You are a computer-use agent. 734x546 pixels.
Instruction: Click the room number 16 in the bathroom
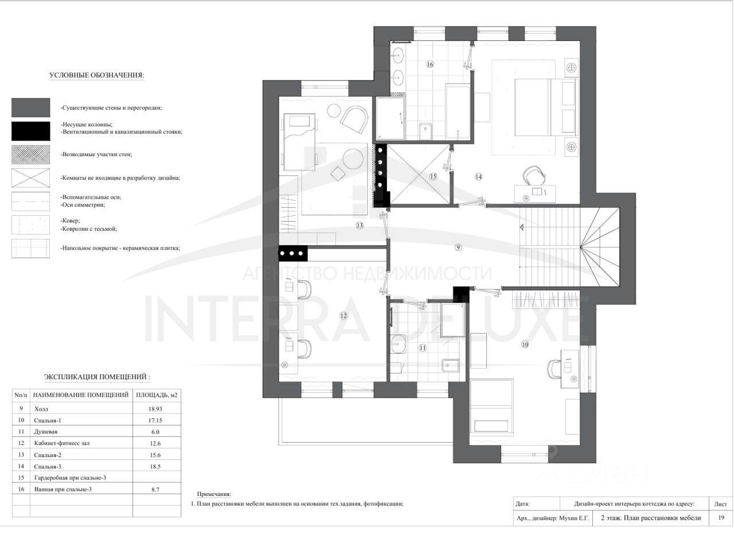(430, 64)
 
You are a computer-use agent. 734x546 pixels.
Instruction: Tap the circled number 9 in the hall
(458, 247)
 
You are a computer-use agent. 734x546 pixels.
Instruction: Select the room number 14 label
(478, 177)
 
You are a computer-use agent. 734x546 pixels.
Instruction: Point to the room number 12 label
(343, 316)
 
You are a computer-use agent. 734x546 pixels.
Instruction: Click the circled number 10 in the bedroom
(525, 344)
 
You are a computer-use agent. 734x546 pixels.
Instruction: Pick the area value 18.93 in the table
(155, 409)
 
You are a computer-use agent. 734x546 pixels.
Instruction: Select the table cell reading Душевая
(46, 432)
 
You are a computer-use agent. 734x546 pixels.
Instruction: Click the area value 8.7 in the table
(155, 489)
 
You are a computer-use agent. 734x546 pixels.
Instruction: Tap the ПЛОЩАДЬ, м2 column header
(157, 395)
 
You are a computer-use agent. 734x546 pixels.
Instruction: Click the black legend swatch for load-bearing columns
(31, 131)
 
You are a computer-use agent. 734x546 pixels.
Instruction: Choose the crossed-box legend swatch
(31, 178)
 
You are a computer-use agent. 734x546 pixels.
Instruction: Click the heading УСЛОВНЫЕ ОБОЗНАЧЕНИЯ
(97, 76)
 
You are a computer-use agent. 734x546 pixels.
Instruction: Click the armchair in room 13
(354, 119)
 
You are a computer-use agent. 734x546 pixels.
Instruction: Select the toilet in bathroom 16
(425, 131)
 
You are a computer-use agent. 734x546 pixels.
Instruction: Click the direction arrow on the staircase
(521, 227)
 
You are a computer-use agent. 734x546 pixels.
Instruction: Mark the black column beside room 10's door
(461, 295)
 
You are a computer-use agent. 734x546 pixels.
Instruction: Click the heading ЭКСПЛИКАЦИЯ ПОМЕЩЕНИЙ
(97, 377)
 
